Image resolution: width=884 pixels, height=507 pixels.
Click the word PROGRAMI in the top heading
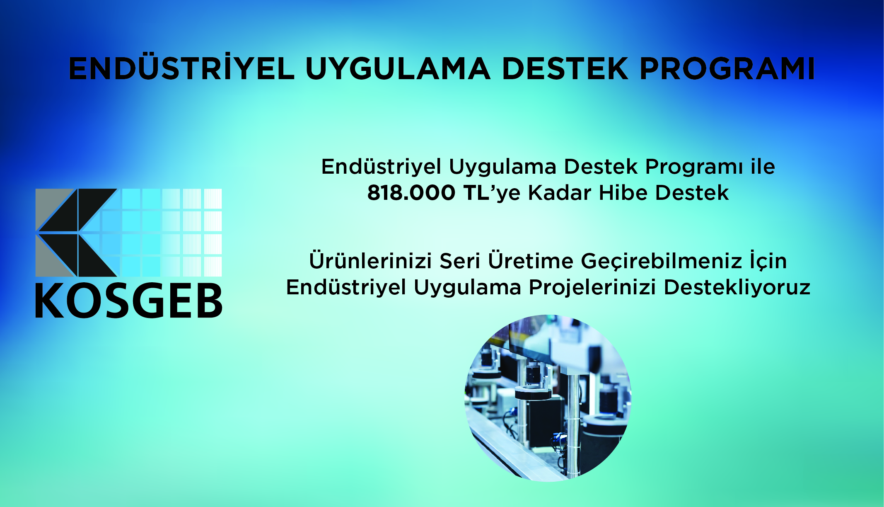click(x=727, y=68)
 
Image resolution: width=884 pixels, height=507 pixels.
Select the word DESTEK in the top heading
click(x=565, y=68)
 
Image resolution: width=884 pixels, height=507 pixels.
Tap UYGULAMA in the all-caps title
click(x=398, y=68)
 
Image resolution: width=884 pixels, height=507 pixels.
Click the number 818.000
click(x=411, y=193)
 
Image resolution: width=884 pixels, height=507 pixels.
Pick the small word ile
click(x=763, y=167)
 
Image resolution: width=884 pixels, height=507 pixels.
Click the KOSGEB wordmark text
click(x=129, y=301)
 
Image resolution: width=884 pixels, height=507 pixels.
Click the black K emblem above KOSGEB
click(x=76, y=233)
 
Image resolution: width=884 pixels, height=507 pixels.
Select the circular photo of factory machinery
click(x=548, y=398)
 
